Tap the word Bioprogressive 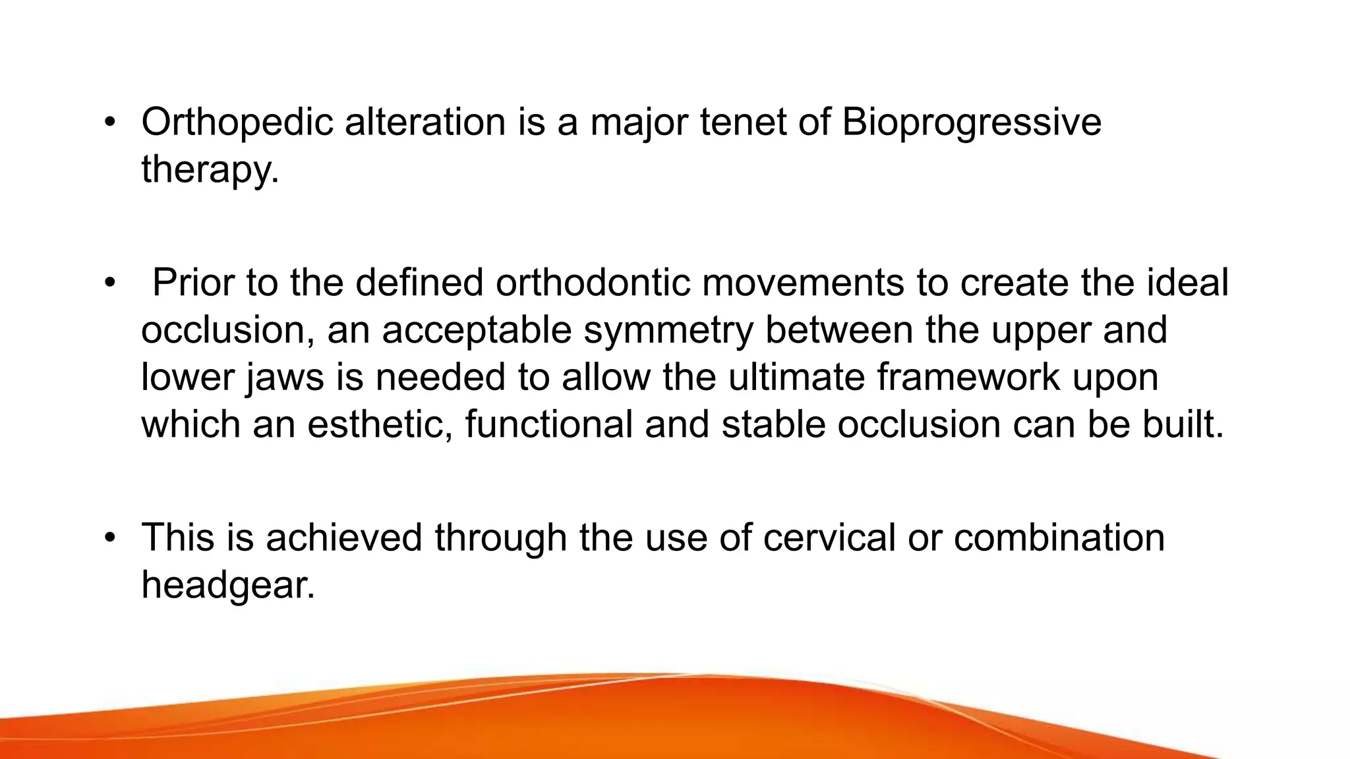coord(971,123)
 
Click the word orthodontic coord(593,283)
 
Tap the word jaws coord(285,378)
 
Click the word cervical coord(829,538)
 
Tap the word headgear coord(227,584)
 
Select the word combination coord(1059,538)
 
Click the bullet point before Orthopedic coord(109,123)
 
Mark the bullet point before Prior coord(109,283)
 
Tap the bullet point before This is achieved coord(109,538)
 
